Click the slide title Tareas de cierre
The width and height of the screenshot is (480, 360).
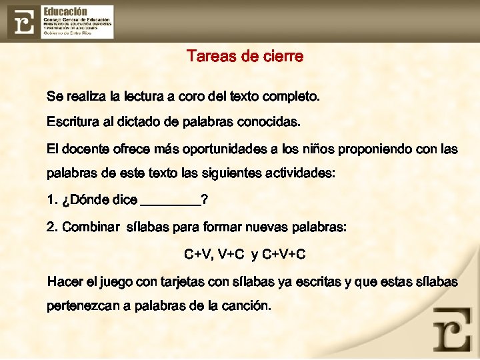(245, 57)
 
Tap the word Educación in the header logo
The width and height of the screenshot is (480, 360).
(65, 11)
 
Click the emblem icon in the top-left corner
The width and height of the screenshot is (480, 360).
(24, 22)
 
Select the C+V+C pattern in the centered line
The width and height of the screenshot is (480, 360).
(284, 255)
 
